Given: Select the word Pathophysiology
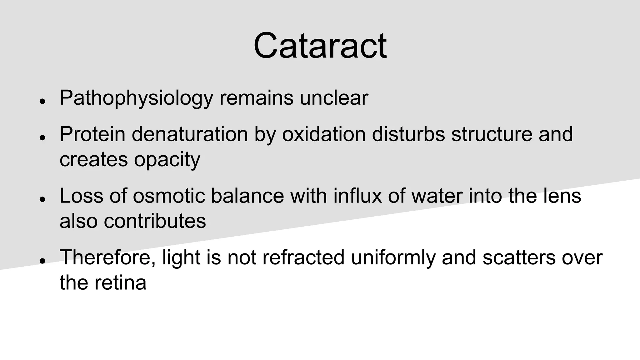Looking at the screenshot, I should point(136,98).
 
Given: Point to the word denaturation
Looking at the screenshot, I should point(190,134).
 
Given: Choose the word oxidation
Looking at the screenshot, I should point(324,134).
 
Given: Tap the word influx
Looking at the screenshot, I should point(357,196).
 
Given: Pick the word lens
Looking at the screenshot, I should point(563,196).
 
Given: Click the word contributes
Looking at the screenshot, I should point(155,221).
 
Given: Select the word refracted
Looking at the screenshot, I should point(303,257).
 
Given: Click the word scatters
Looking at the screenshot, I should point(519,257).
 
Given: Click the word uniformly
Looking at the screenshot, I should point(393,257).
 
